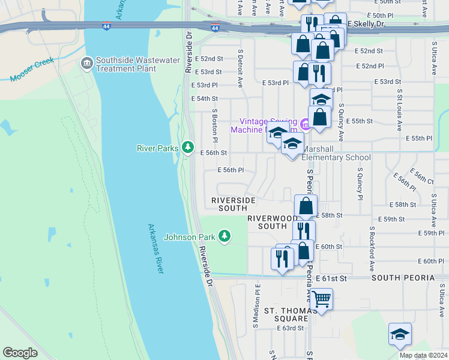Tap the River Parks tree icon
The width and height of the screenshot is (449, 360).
tap(188, 147)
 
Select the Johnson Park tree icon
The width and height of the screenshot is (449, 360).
tap(224, 236)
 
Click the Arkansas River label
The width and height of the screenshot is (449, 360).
tap(155, 249)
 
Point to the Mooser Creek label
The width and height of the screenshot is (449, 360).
tap(32, 70)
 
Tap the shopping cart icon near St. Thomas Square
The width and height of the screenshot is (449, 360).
tap(321, 298)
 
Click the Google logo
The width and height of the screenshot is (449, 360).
tap(20, 353)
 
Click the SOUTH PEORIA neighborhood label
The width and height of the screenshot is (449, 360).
tap(403, 278)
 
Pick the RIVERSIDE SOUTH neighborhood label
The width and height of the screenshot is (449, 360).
tap(233, 204)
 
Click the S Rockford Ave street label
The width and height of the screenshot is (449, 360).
tap(372, 246)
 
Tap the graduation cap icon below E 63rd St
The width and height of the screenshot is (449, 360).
tap(400, 334)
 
